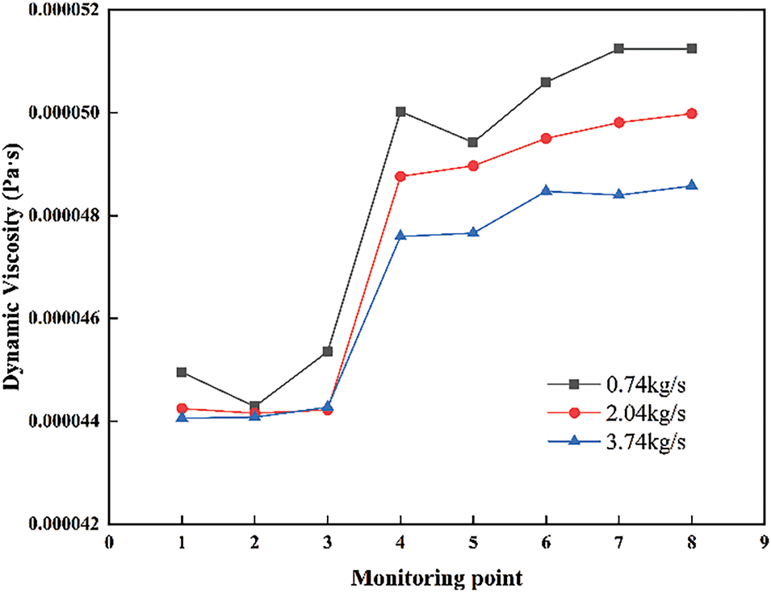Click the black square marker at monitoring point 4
tap(400, 111)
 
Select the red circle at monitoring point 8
tap(692, 114)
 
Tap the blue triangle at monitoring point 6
tap(546, 191)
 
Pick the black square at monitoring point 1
tap(182, 372)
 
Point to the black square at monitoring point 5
tap(473, 142)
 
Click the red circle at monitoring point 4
tap(400, 176)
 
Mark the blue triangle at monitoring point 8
tap(692, 186)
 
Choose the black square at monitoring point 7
tap(619, 48)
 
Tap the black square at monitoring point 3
tap(328, 351)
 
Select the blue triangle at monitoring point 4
tap(400, 236)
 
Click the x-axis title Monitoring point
tap(436, 577)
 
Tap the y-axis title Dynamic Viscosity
tap(14, 266)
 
